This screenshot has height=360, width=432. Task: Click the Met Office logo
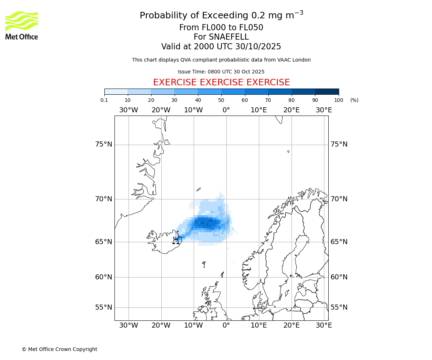pyautogui.click(x=22, y=25)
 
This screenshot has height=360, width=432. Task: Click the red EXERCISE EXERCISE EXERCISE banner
pyautogui.click(x=221, y=82)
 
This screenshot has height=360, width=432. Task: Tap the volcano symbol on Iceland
pyautogui.click(x=176, y=240)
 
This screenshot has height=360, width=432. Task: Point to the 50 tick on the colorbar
pyautogui.click(x=221, y=100)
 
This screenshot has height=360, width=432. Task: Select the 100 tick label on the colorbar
pyautogui.click(x=339, y=100)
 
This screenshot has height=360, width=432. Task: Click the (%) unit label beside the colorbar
pyautogui.click(x=354, y=100)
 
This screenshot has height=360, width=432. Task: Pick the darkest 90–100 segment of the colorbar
pyautogui.click(x=327, y=91)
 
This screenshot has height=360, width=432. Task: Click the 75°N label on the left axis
pyautogui.click(x=104, y=144)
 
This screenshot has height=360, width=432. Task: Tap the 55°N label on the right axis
pyautogui.click(x=339, y=307)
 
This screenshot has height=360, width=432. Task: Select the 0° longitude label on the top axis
pyautogui.click(x=226, y=110)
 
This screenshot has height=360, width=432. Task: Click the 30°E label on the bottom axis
pyautogui.click(x=324, y=325)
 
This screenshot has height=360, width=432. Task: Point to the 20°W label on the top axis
pyautogui.click(x=161, y=110)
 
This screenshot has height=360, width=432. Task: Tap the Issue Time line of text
pyautogui.click(x=221, y=72)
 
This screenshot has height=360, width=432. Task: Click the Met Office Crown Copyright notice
pyautogui.click(x=59, y=349)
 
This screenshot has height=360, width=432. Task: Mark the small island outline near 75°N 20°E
pyautogui.click(x=288, y=152)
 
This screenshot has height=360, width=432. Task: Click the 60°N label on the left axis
pyautogui.click(x=104, y=277)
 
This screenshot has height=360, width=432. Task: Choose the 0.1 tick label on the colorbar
pyautogui.click(x=104, y=100)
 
